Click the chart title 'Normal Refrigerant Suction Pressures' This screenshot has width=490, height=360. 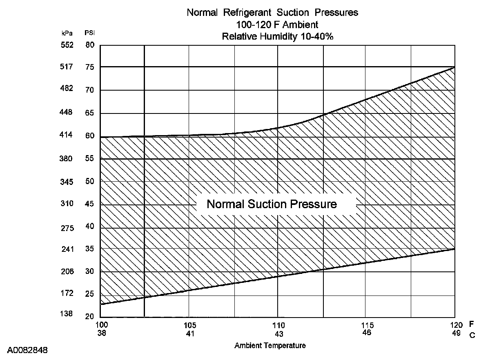(x=272, y=13)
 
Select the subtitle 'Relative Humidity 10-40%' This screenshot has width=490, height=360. (x=278, y=36)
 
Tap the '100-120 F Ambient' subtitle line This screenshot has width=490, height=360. (x=277, y=25)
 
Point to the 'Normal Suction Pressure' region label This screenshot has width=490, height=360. (x=272, y=204)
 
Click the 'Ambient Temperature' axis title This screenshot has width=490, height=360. (x=270, y=346)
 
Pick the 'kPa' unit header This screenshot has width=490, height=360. (x=67, y=33)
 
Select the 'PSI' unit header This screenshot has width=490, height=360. (x=89, y=33)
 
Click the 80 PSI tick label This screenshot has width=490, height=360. (x=90, y=45)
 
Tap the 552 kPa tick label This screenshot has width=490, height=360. (x=67, y=45)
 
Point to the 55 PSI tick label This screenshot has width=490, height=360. (x=90, y=158)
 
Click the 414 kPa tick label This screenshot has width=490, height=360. (x=67, y=135)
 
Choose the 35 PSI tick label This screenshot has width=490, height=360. (x=90, y=249)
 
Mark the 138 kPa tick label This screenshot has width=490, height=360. (x=67, y=314)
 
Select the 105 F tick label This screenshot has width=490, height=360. (x=190, y=325)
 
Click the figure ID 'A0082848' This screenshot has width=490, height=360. (x=27, y=350)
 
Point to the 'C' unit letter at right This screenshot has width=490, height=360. (x=472, y=335)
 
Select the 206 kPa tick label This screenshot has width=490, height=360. (x=67, y=271)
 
